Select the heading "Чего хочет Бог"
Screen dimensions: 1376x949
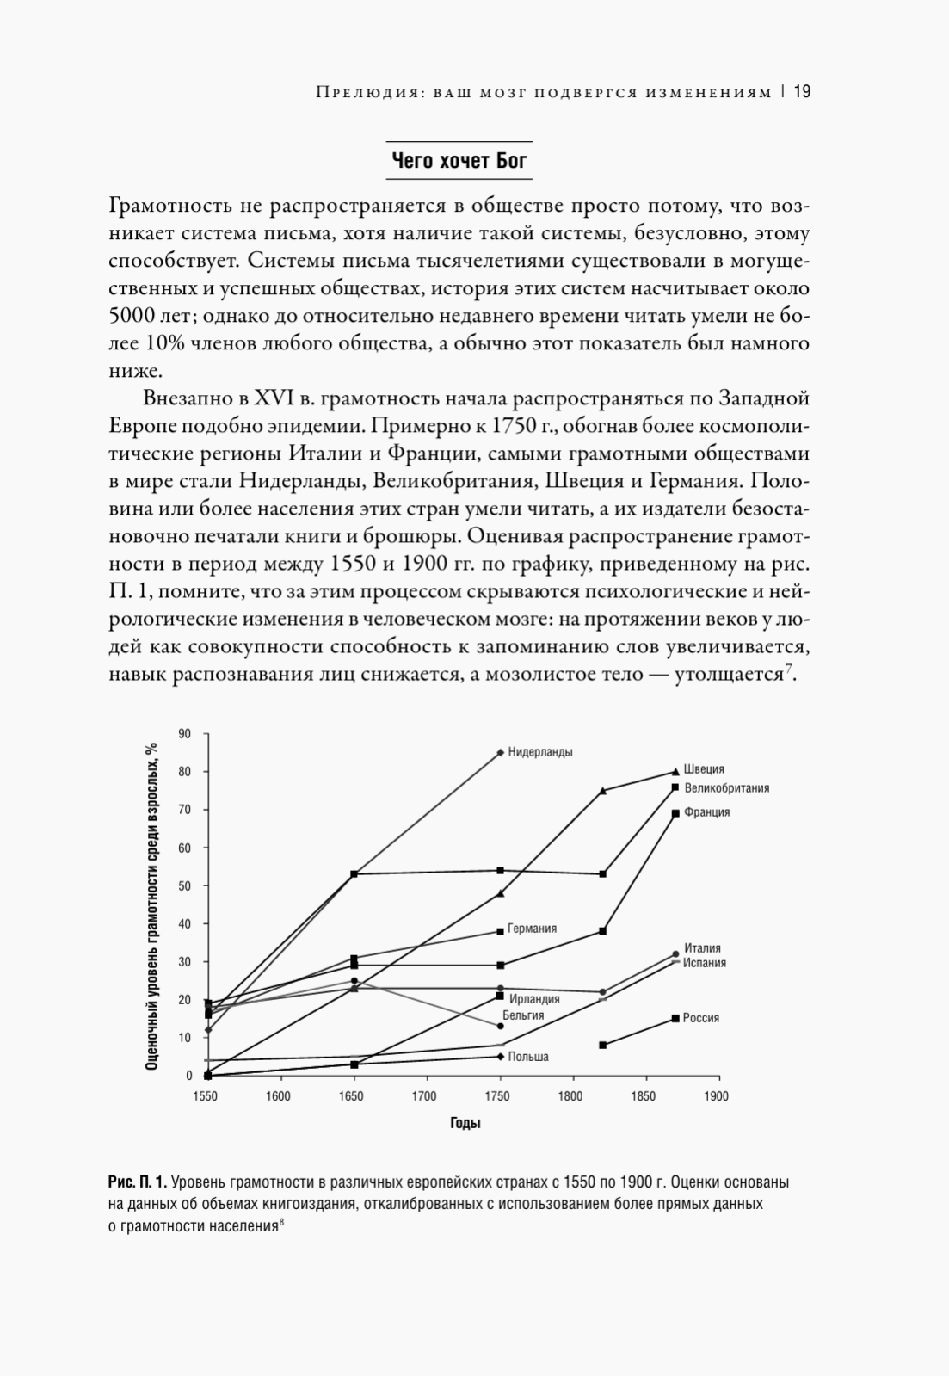(x=459, y=161)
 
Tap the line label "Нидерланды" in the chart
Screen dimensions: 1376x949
(x=540, y=752)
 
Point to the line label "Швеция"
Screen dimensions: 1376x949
(x=704, y=769)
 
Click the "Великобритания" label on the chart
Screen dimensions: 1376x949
(x=727, y=787)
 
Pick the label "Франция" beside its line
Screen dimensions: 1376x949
(x=707, y=812)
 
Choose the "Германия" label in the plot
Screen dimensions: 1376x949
(x=532, y=929)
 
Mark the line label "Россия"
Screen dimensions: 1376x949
(x=701, y=1018)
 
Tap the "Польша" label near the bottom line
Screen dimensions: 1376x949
(x=528, y=1057)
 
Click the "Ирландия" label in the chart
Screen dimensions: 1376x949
(x=534, y=999)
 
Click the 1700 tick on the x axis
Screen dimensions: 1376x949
(x=424, y=1096)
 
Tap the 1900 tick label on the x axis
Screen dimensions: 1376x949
(x=716, y=1096)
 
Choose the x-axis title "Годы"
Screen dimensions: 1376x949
(x=465, y=1123)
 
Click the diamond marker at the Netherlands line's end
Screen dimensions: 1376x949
(x=500, y=752)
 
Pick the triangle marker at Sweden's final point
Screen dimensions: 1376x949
(x=675, y=771)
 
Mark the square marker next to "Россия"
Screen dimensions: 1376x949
(x=675, y=1019)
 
